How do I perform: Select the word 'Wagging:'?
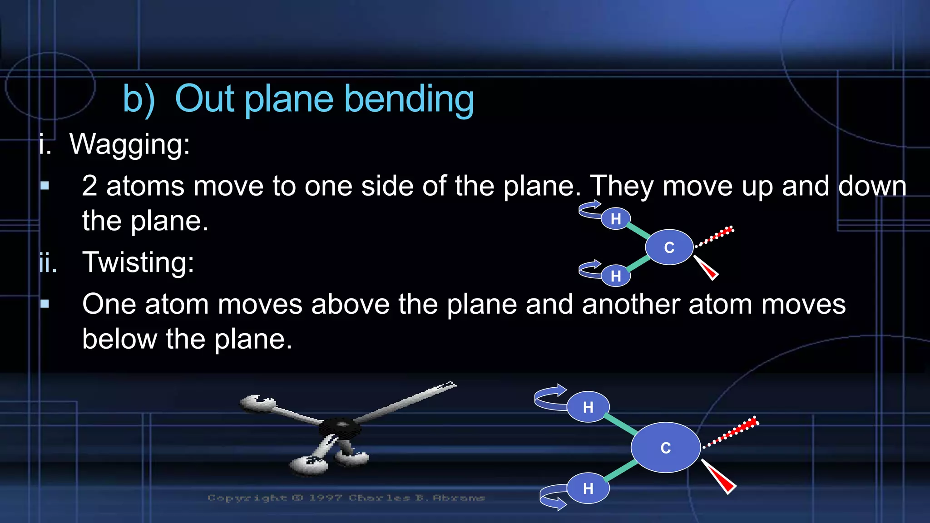pos(129,144)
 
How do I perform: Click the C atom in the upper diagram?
pos(669,247)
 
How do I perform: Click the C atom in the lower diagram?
pos(665,448)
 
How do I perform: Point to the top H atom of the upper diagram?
pos(615,219)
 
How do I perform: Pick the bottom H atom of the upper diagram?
pos(615,276)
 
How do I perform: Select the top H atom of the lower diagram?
pos(588,407)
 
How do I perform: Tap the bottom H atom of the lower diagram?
pos(588,488)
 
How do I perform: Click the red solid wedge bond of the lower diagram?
pos(721,479)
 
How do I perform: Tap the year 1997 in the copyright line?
pos(325,498)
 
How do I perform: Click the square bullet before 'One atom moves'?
pos(45,304)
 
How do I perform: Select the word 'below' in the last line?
pos(119,339)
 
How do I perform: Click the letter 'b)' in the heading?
pos(139,99)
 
